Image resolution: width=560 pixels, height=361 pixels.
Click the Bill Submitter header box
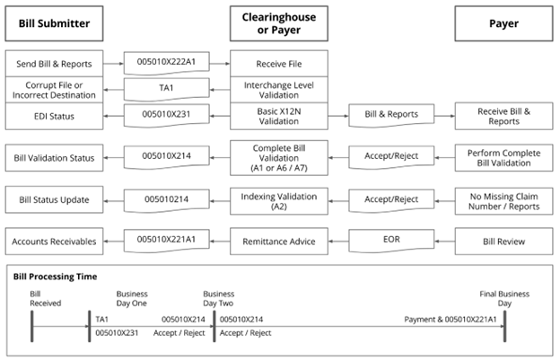pyautogui.click(x=54, y=23)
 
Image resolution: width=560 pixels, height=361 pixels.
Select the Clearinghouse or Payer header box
pyautogui.click(x=278, y=23)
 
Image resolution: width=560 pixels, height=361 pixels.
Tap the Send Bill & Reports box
pyautogui.click(x=54, y=63)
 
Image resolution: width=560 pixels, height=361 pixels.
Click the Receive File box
pyautogui.click(x=278, y=63)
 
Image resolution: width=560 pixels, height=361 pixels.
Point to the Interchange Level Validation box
pyautogui.click(x=278, y=89)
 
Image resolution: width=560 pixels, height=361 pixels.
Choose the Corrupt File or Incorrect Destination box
pyautogui.click(x=54, y=89)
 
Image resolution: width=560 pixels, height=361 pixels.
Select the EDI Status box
pyautogui.click(x=54, y=115)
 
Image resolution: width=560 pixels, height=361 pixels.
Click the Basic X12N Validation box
pyautogui.click(x=278, y=115)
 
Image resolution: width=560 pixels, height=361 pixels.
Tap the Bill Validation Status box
pyautogui.click(x=54, y=158)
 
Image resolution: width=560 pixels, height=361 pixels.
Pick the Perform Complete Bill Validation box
pyautogui.click(x=503, y=158)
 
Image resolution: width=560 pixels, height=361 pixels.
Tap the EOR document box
pyautogui.click(x=390, y=240)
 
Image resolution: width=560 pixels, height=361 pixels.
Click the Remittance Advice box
pyautogui.click(x=278, y=240)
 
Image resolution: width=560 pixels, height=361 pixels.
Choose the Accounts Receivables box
pyautogui.click(x=54, y=240)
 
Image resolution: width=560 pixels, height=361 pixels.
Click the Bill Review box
pyautogui.click(x=503, y=240)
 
